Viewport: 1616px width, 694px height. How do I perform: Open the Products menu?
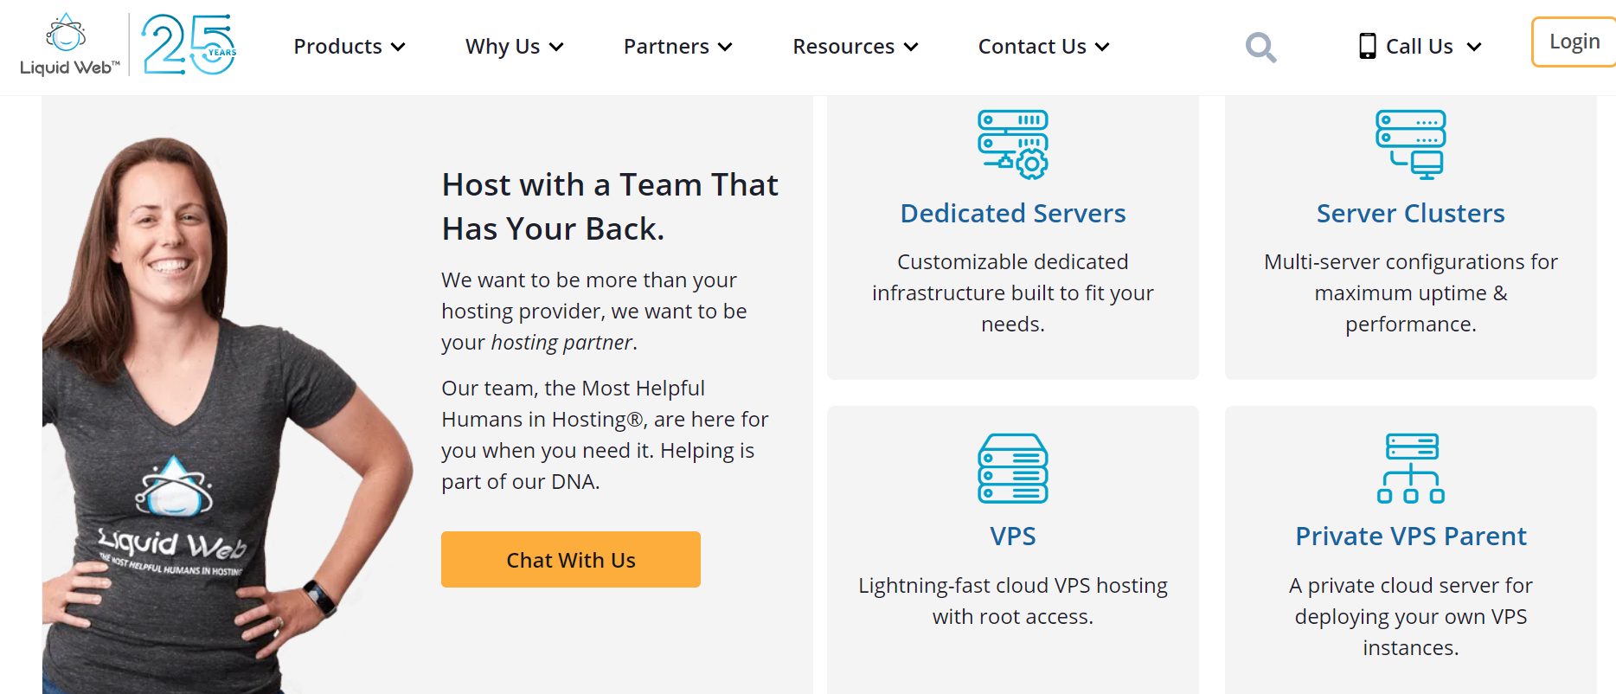coord(349,47)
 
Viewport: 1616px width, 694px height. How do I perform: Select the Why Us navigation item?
coord(515,47)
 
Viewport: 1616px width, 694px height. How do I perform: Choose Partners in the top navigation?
coord(678,47)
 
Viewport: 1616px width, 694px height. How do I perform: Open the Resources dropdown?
coord(856,47)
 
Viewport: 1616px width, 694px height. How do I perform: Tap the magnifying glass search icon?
coord(1260,47)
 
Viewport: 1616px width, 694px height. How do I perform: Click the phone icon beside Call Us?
coord(1367,46)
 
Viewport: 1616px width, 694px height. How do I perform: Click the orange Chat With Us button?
coord(571,560)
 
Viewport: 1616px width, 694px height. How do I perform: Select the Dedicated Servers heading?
coord(1013,213)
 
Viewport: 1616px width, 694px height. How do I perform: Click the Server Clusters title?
coord(1411,213)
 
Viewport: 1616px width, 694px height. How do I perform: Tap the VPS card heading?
coord(1013,537)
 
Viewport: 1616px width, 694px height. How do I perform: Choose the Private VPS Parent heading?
coord(1411,537)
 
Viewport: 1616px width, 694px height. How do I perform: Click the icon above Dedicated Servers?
coord(1013,145)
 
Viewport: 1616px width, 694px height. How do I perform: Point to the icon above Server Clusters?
coord(1411,145)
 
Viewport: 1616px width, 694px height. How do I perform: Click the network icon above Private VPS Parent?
coord(1411,468)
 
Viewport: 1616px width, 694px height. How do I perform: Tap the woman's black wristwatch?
coord(320,596)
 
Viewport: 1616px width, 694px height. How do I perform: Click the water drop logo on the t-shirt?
coord(174,486)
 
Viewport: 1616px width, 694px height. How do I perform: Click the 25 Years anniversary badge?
coord(189,44)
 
